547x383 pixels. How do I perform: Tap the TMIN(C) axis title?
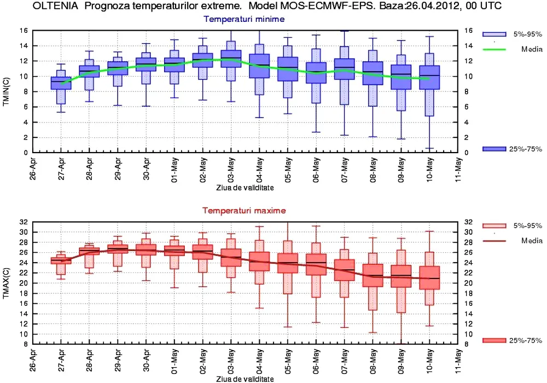[7, 91]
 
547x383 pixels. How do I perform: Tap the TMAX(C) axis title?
[7, 282]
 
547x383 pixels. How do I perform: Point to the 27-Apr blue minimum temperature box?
[61, 83]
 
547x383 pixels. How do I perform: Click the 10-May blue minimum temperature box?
[429, 85]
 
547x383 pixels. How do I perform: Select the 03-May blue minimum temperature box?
[231, 59]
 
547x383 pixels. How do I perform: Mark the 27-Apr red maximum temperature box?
[61, 260]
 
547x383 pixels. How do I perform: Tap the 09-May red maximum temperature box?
[401, 276]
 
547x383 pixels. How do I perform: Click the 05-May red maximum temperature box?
[287, 263]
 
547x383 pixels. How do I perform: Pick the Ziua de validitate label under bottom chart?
[244, 379]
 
